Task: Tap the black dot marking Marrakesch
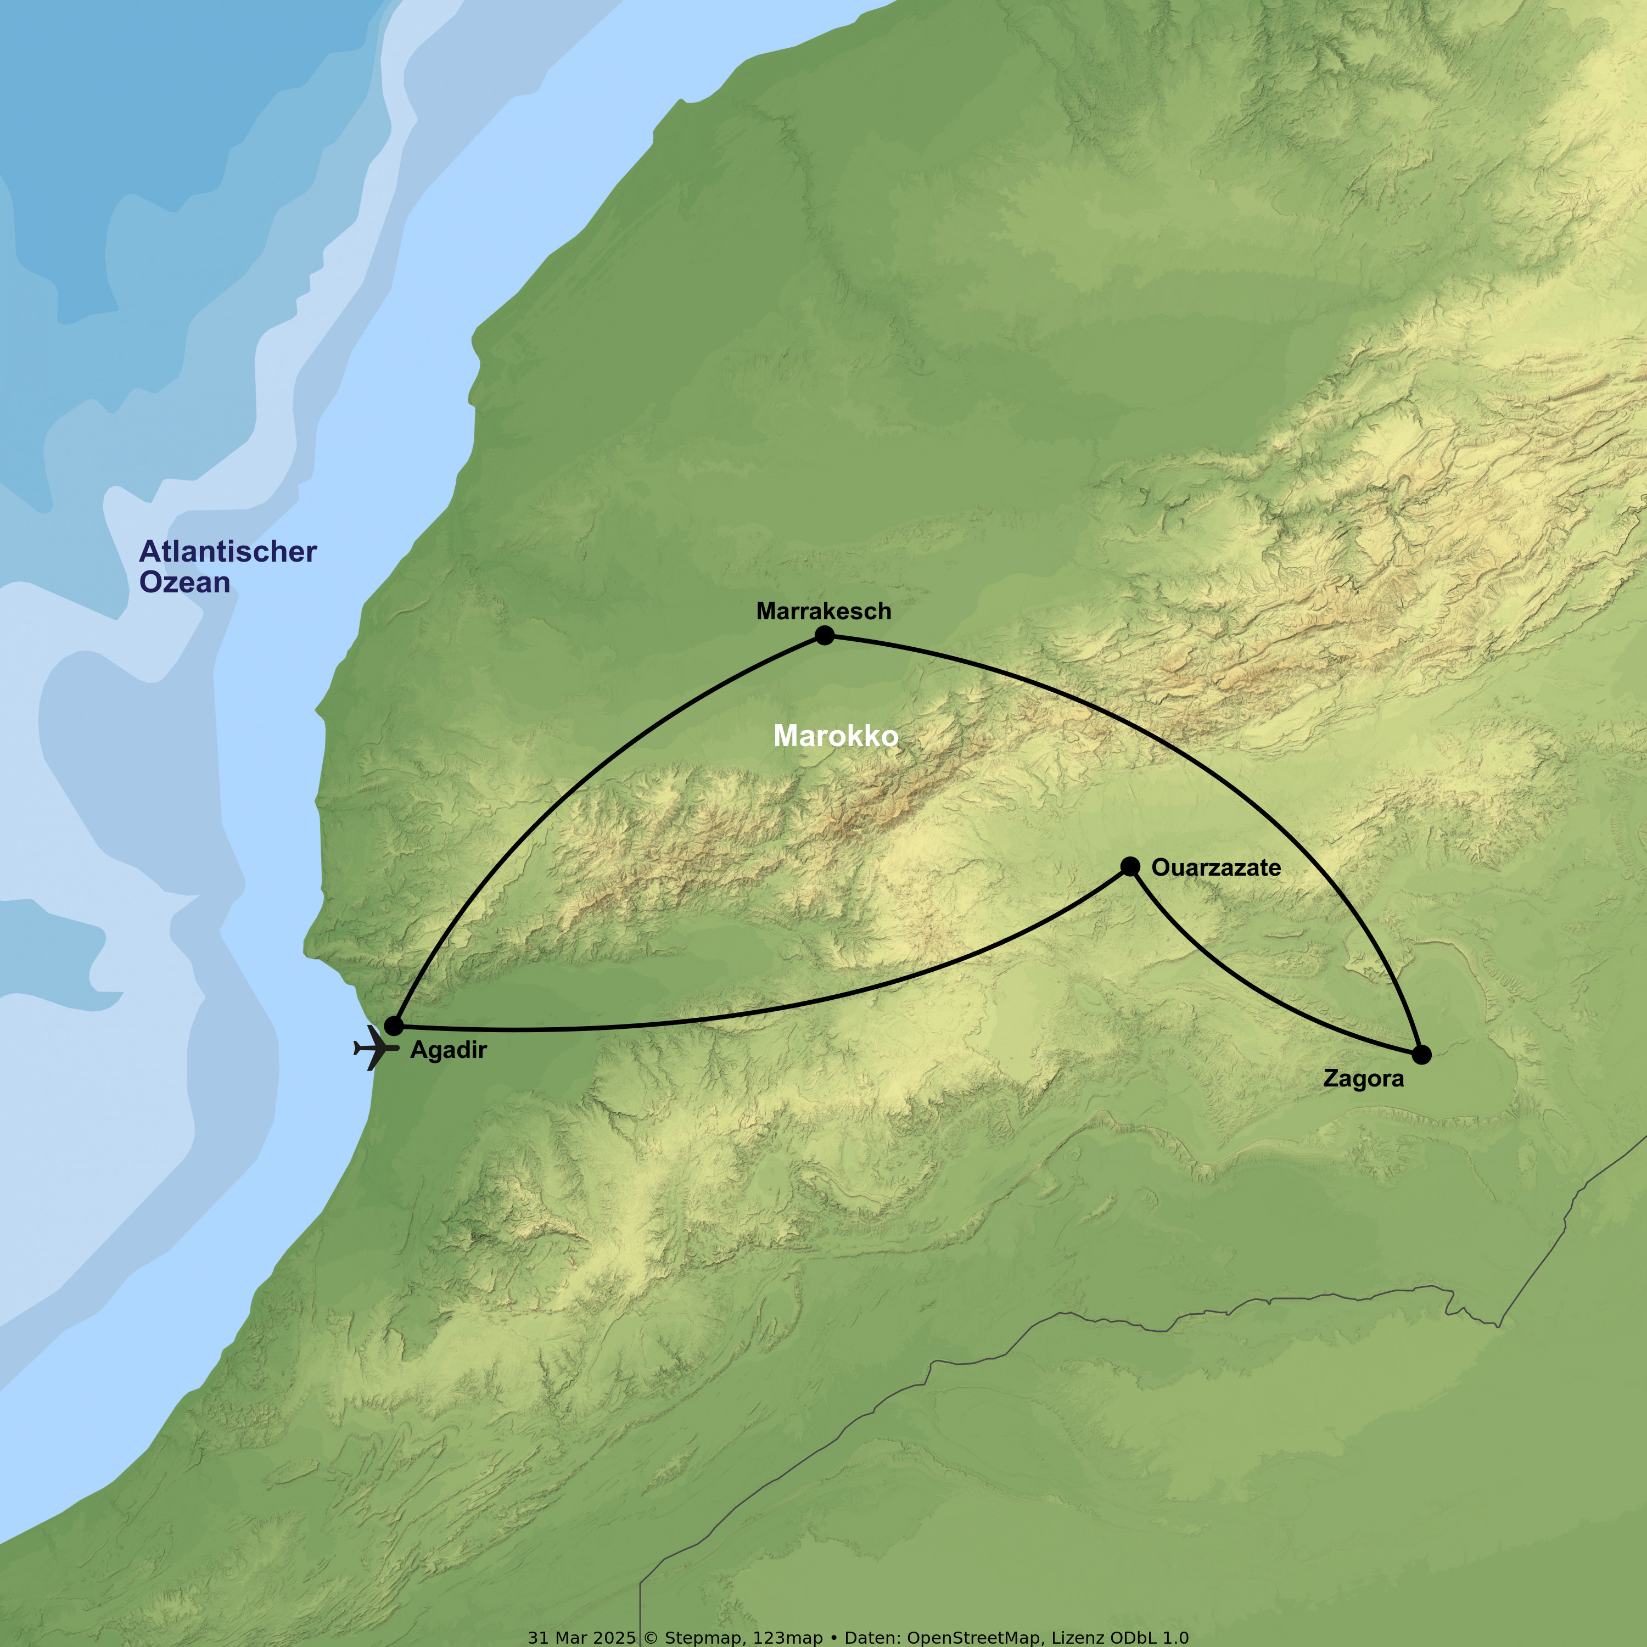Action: click(x=824, y=635)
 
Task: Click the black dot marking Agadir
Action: click(x=393, y=1026)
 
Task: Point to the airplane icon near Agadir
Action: click(x=373, y=1047)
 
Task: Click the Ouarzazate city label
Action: click(x=1215, y=868)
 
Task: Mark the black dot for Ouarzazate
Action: click(x=1129, y=867)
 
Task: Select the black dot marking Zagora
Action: click(x=1421, y=1055)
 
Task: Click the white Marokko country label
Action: click(x=836, y=736)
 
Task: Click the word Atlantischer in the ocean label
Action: click(x=228, y=552)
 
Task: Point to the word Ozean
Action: click(x=184, y=582)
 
